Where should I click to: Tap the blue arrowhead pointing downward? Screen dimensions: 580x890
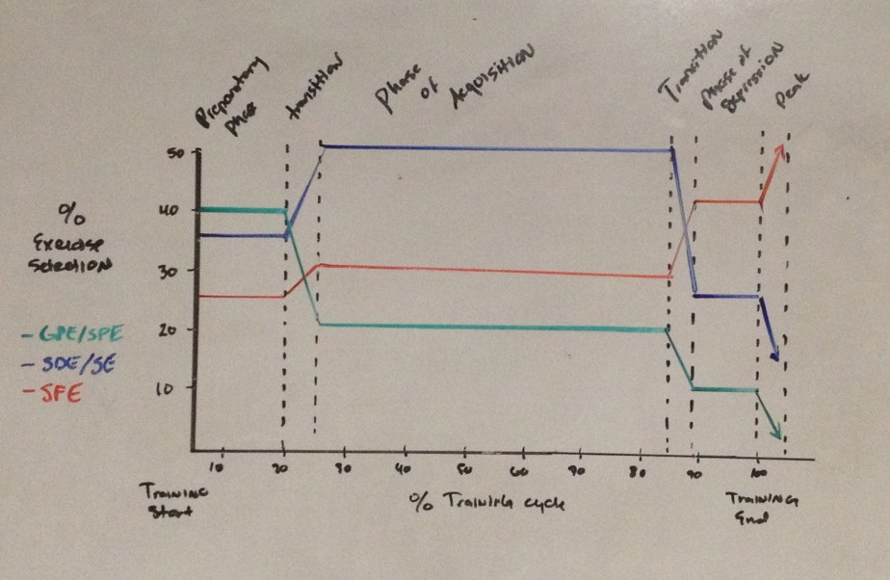pos(774,357)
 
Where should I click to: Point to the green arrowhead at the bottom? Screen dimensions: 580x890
pos(776,436)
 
